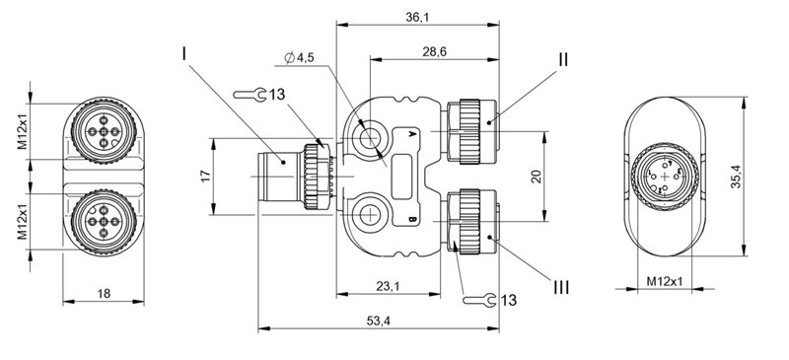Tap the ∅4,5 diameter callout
coord(299,59)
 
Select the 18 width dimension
coord(105,293)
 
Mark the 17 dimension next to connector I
coord(205,175)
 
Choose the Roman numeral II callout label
coord(561,59)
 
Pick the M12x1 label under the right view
coord(666,282)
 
